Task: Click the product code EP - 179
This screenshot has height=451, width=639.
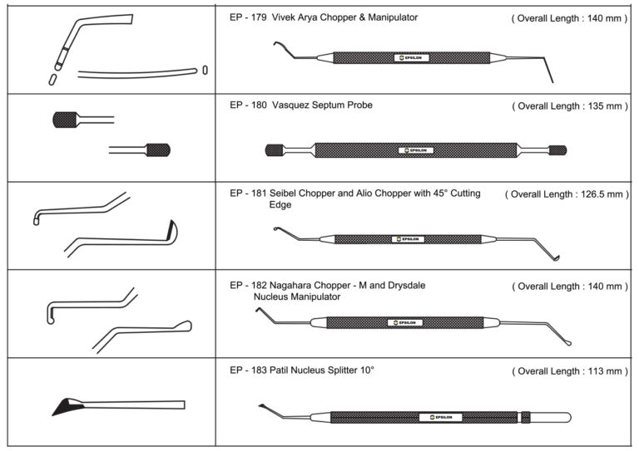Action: point(248,17)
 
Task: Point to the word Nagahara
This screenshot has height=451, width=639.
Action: point(290,286)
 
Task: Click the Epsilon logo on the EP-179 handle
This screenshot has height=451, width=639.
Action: point(412,58)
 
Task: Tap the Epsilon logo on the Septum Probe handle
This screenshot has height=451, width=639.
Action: point(416,150)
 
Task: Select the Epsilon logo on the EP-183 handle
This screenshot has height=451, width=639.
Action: point(440,417)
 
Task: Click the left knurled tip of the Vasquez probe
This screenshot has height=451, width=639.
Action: point(275,150)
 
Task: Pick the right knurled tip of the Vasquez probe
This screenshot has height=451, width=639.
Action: point(557,150)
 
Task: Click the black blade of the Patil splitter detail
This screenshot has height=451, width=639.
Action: point(67,406)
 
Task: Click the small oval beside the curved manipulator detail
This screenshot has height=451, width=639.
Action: point(205,70)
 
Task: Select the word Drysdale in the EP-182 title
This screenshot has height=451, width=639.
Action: point(406,286)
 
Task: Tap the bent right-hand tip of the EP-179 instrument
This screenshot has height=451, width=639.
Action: point(548,70)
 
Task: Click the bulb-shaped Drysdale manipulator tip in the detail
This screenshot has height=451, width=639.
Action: point(183,326)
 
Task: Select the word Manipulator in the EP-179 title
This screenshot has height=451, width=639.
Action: point(393,17)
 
